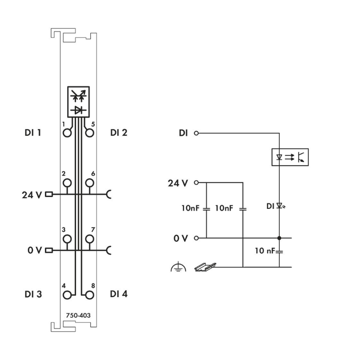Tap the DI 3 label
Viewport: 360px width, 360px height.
point(33,294)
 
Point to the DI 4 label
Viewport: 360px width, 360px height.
point(119,294)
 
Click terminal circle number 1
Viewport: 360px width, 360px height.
point(67,132)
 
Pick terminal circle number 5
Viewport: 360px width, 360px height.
point(89,132)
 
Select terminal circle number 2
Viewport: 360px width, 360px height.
point(67,183)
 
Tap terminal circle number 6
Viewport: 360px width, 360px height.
point(89,183)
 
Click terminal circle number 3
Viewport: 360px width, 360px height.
point(67,239)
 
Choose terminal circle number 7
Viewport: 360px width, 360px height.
point(89,239)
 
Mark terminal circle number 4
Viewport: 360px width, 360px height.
point(67,294)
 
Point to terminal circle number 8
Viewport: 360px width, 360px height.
point(89,294)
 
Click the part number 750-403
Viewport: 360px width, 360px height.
point(78,315)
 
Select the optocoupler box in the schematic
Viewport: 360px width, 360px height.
point(290,157)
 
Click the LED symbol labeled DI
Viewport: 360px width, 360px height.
point(280,206)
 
